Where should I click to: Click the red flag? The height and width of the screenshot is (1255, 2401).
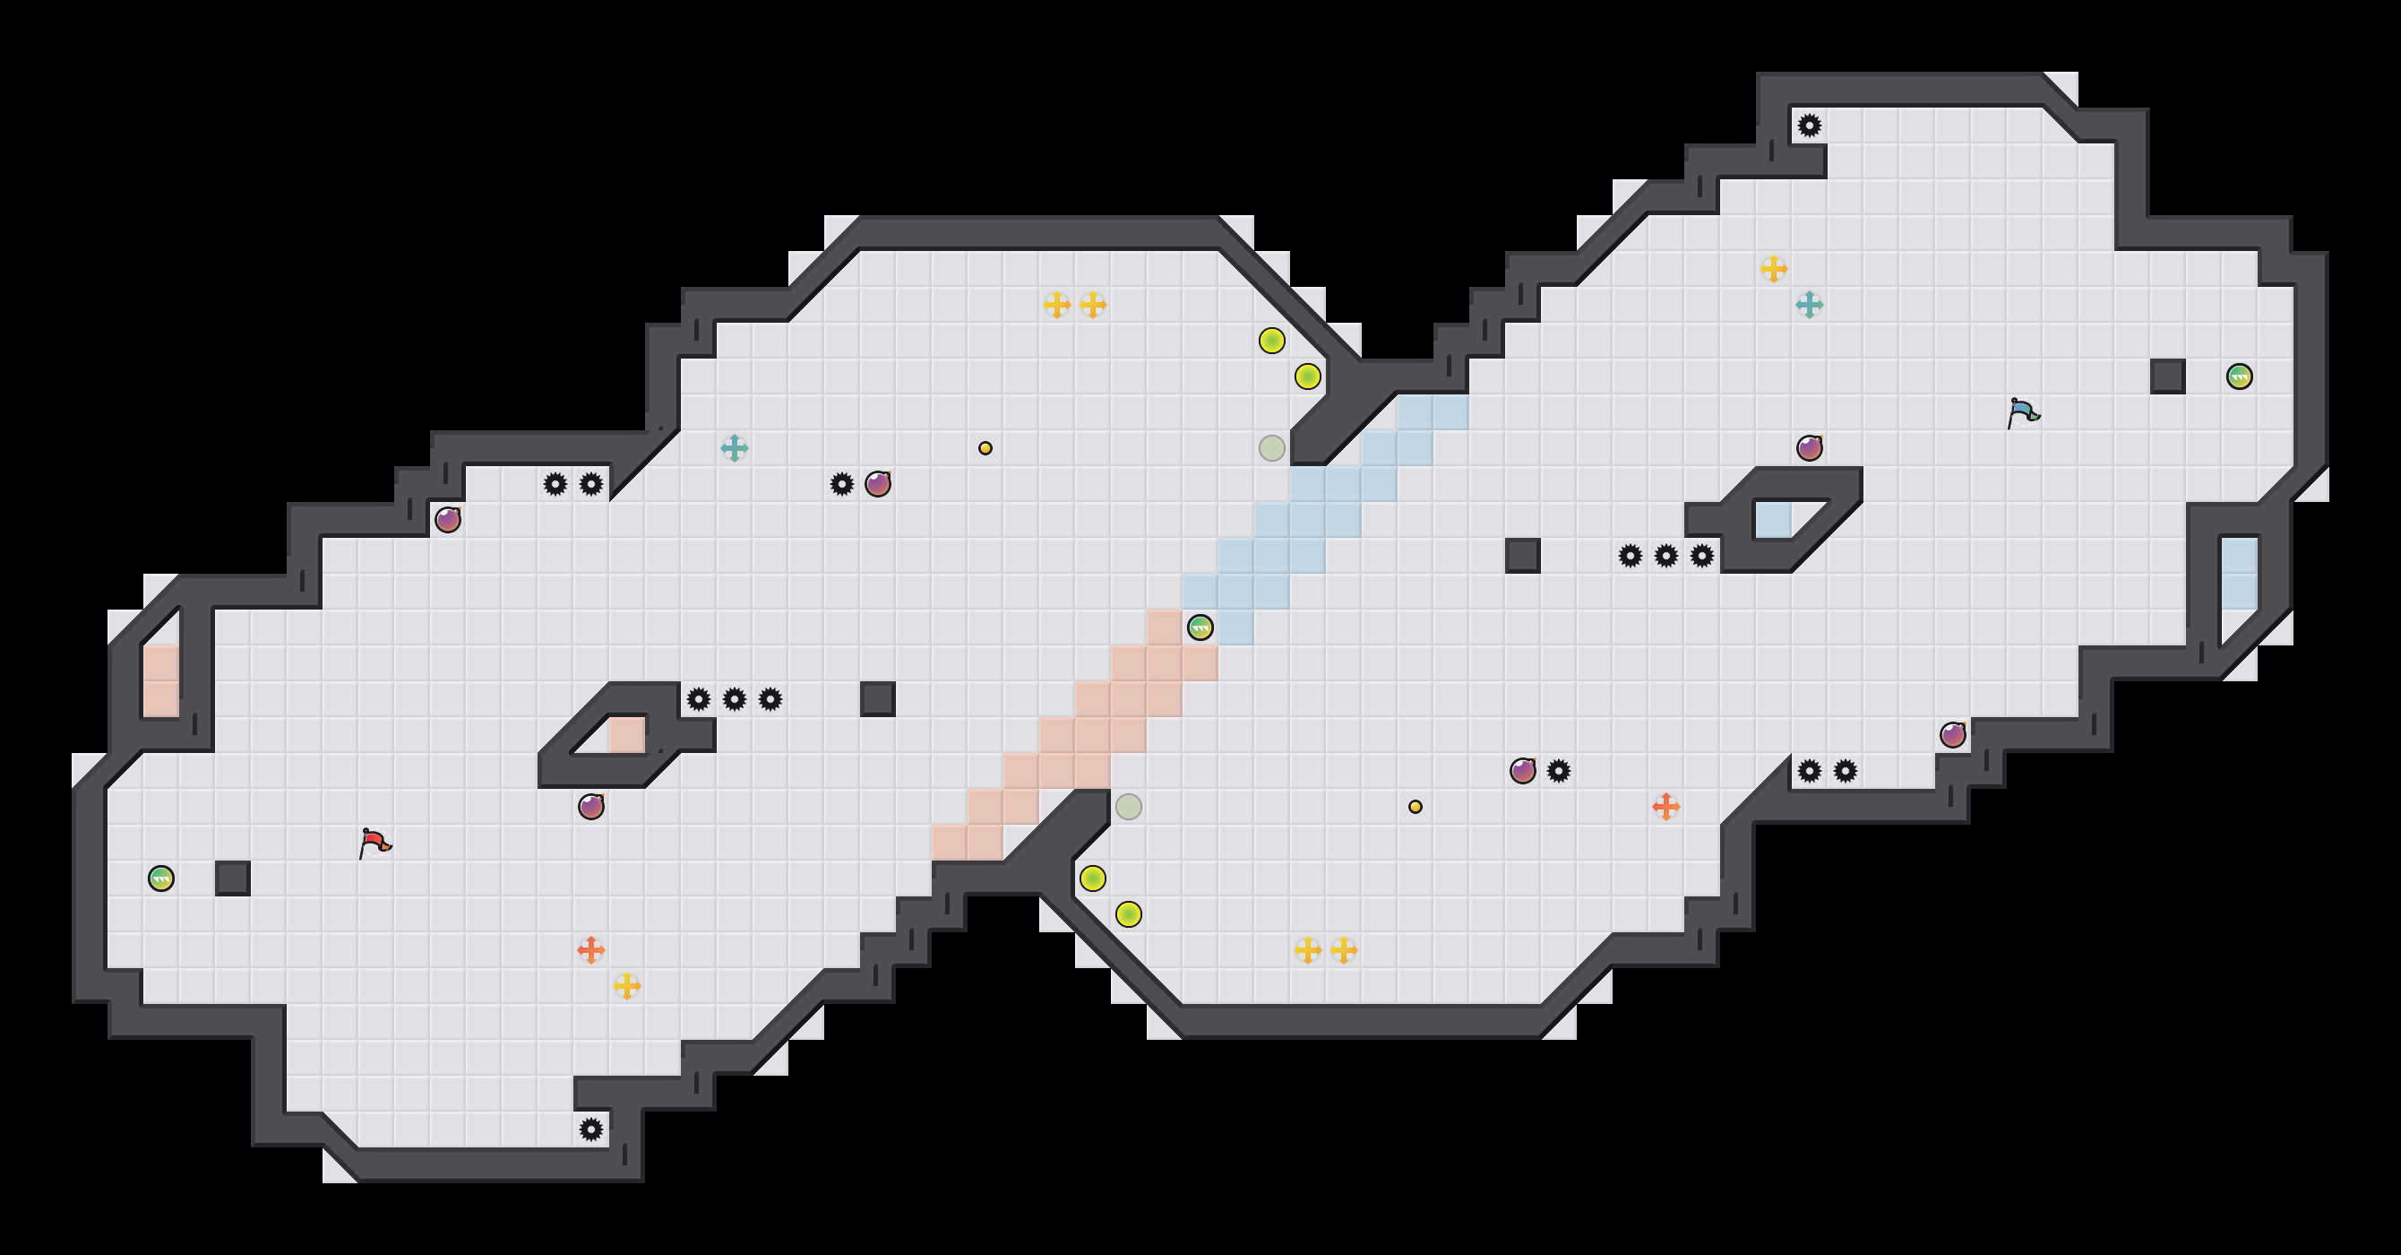pos(374,843)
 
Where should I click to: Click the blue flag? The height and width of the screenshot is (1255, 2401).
pos(2023,412)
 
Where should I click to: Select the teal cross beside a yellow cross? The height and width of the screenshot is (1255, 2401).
pos(1809,305)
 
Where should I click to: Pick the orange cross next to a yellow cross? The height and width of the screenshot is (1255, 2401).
pos(591,950)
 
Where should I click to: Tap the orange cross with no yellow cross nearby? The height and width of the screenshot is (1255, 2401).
pos(1665,807)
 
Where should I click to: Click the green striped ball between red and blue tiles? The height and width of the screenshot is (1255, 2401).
pos(1200,627)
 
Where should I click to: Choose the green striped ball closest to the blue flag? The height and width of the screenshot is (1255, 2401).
pos(2240,376)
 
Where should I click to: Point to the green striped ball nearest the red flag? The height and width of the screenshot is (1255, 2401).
pos(161,878)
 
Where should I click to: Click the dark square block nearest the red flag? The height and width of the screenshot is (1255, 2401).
pos(233,878)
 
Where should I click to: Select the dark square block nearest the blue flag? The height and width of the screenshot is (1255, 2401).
pos(2168,376)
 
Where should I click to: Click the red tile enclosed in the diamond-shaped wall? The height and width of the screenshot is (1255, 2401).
pos(626,735)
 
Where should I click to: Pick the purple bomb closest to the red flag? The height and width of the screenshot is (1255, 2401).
pos(591,807)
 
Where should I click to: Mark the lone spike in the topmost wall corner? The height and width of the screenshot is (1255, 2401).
pos(1809,125)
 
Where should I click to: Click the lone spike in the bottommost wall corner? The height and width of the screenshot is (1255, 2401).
pos(591,1130)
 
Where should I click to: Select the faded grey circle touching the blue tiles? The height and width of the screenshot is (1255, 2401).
pos(1272,448)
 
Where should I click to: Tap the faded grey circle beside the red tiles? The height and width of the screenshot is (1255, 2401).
pos(1129,807)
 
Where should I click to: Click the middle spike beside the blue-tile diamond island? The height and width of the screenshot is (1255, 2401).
pos(1665,557)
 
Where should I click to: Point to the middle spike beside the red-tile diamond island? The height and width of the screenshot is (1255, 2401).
pos(735,699)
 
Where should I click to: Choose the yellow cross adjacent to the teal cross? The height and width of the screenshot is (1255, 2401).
pos(1774,270)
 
